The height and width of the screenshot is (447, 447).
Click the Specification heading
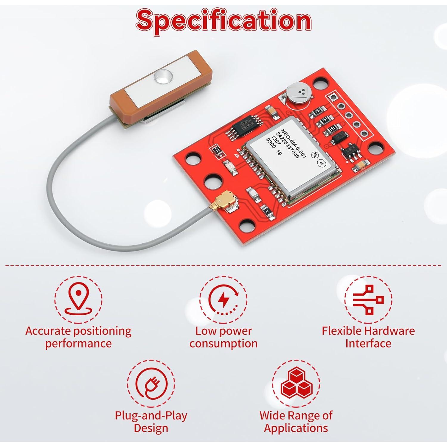coord(223,20)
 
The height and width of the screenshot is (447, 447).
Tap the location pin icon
coord(78,299)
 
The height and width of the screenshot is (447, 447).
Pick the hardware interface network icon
coord(368,299)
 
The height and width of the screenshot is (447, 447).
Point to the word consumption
coord(223,343)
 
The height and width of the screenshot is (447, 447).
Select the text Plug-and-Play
coord(151,415)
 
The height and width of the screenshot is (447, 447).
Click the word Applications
coord(296,428)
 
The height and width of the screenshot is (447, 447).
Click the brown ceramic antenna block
coord(146,86)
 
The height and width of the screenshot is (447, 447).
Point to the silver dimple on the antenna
coord(162,77)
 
